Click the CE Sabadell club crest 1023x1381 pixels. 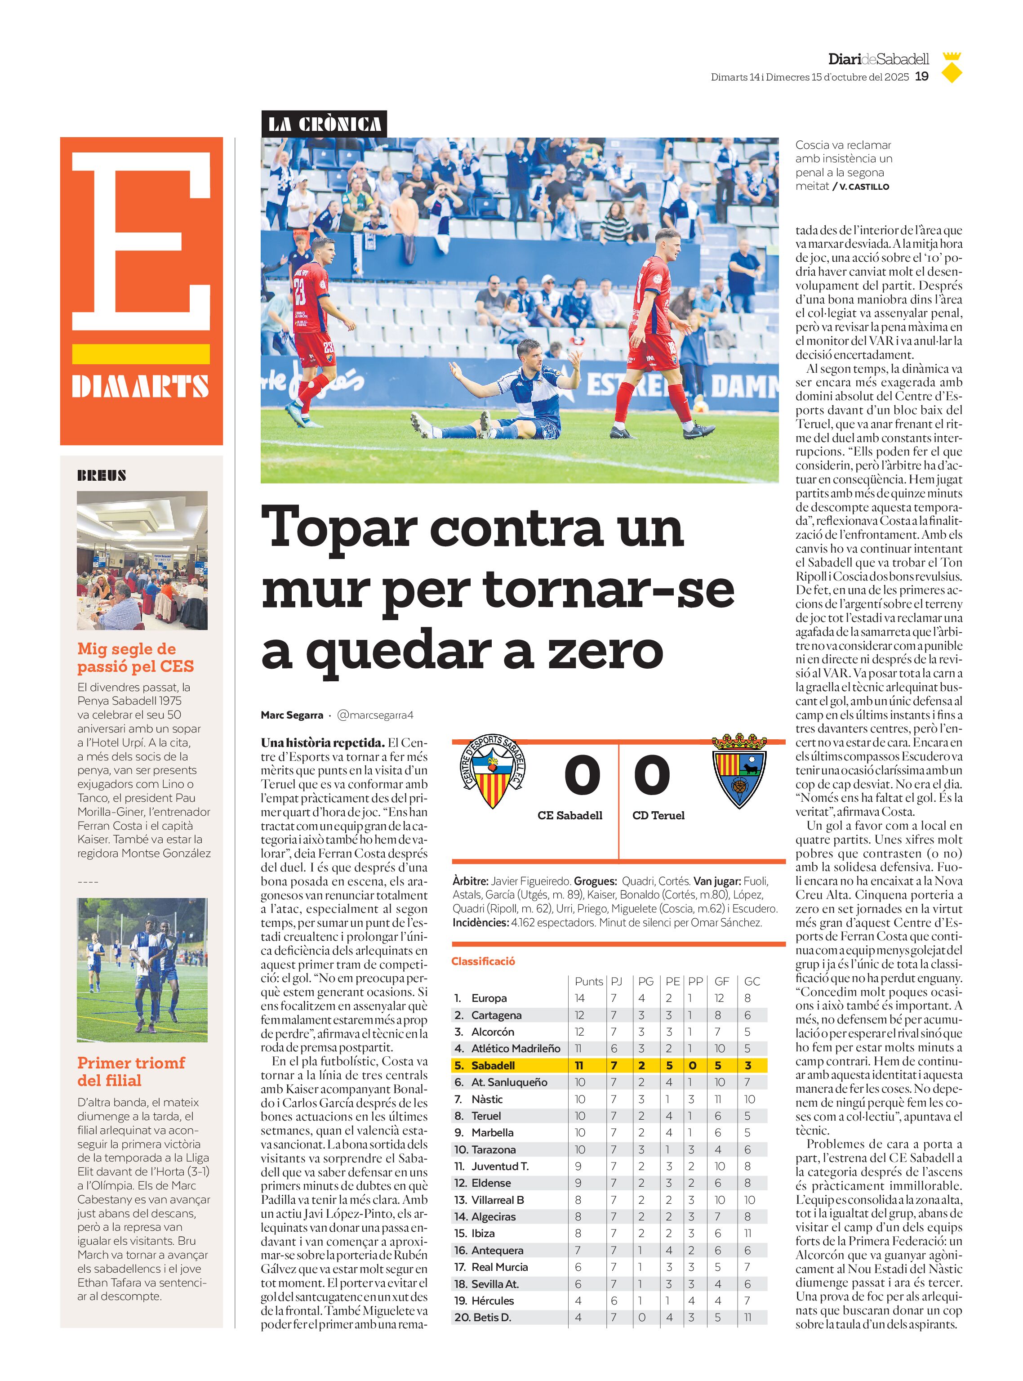pyautogui.click(x=493, y=771)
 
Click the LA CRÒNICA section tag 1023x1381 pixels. pyautogui.click(x=324, y=125)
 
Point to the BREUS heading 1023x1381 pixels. pyautogui.click(x=102, y=475)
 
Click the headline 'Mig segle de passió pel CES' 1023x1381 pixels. pyautogui.click(x=136, y=657)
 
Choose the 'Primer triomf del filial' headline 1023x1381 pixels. pyautogui.click(x=131, y=1071)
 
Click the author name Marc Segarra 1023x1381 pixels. pyautogui.click(x=292, y=715)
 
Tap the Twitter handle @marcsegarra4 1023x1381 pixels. pyautogui.click(x=375, y=715)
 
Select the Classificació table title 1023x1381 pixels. pyautogui.click(x=483, y=961)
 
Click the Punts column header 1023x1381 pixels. pyautogui.click(x=588, y=981)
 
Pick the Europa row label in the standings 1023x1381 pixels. pyautogui.click(x=489, y=998)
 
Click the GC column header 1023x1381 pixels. pyautogui.click(x=752, y=981)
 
